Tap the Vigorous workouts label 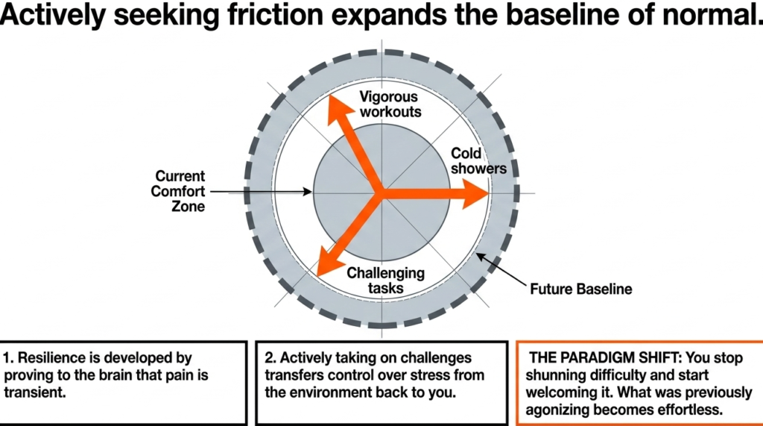coord(390,104)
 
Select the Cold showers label coord(478,160)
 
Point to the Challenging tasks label coord(385,281)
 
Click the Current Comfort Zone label coord(180,192)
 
